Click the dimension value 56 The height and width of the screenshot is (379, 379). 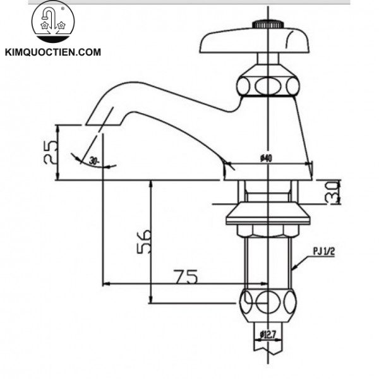click(143, 240)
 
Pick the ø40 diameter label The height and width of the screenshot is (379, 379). click(265, 159)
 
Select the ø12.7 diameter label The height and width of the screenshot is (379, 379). click(269, 335)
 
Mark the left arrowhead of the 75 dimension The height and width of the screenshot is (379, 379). click(105, 284)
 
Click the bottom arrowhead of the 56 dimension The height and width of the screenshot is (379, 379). click(152, 301)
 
